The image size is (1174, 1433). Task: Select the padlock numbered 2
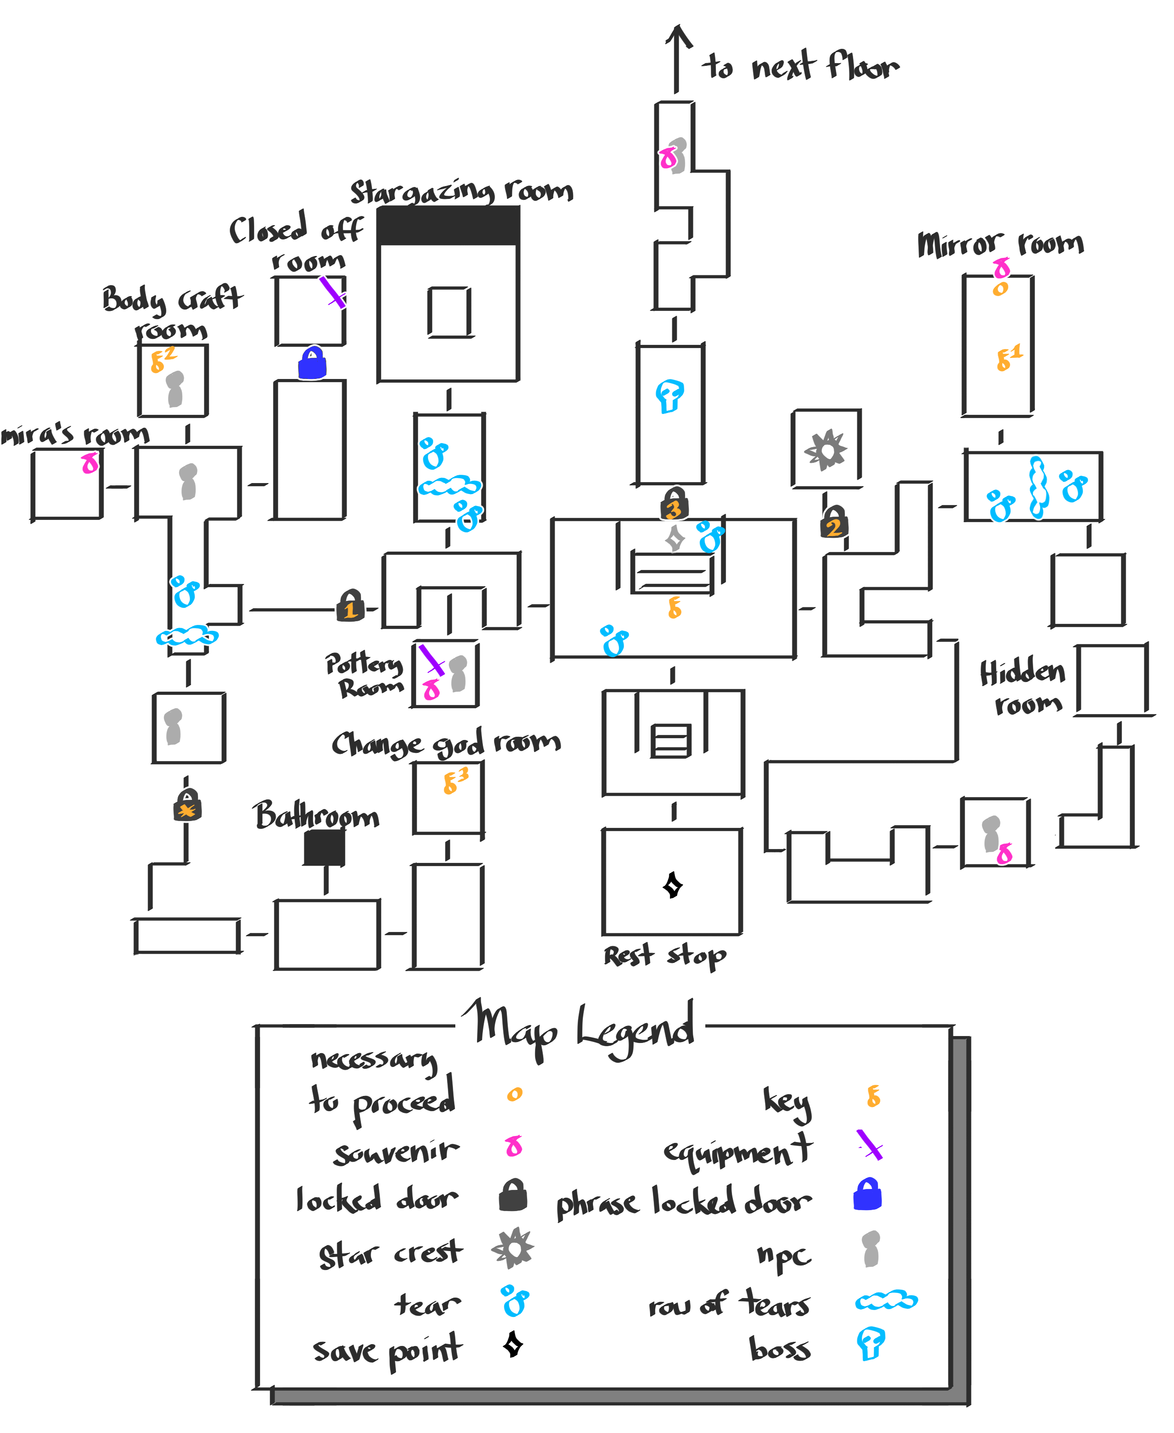834,522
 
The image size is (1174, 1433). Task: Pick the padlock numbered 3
674,504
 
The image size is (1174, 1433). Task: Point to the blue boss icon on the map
669,395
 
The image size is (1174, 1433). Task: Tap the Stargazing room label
461,192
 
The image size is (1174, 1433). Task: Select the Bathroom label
316,816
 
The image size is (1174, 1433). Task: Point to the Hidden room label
1023,687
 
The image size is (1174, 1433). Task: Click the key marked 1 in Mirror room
1008,358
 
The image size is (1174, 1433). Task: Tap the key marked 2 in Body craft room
163,359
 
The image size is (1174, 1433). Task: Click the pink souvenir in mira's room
89,464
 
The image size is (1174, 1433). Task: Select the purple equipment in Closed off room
332,292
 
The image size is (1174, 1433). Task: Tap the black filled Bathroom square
324,847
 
